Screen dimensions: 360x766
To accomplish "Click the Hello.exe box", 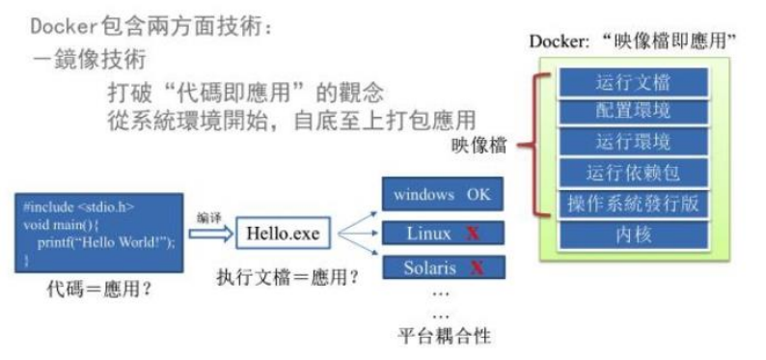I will coord(282,233).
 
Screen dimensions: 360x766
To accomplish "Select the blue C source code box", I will coord(99,233).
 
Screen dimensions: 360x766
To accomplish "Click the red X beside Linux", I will coord(473,234).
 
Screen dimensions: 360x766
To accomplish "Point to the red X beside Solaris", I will coord(476,265).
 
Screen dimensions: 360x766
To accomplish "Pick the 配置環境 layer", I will coord(633,112).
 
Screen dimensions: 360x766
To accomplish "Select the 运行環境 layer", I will coord(633,143).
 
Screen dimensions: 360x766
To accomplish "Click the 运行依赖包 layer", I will coord(633,174).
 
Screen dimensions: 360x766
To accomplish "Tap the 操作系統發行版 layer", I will coord(633,205).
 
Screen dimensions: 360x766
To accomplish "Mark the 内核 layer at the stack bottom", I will coord(633,235).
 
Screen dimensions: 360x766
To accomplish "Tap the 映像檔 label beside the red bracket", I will coord(479,147).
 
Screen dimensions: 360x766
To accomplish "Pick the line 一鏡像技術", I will coord(88,60).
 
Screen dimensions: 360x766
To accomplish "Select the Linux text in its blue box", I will coord(428,234).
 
